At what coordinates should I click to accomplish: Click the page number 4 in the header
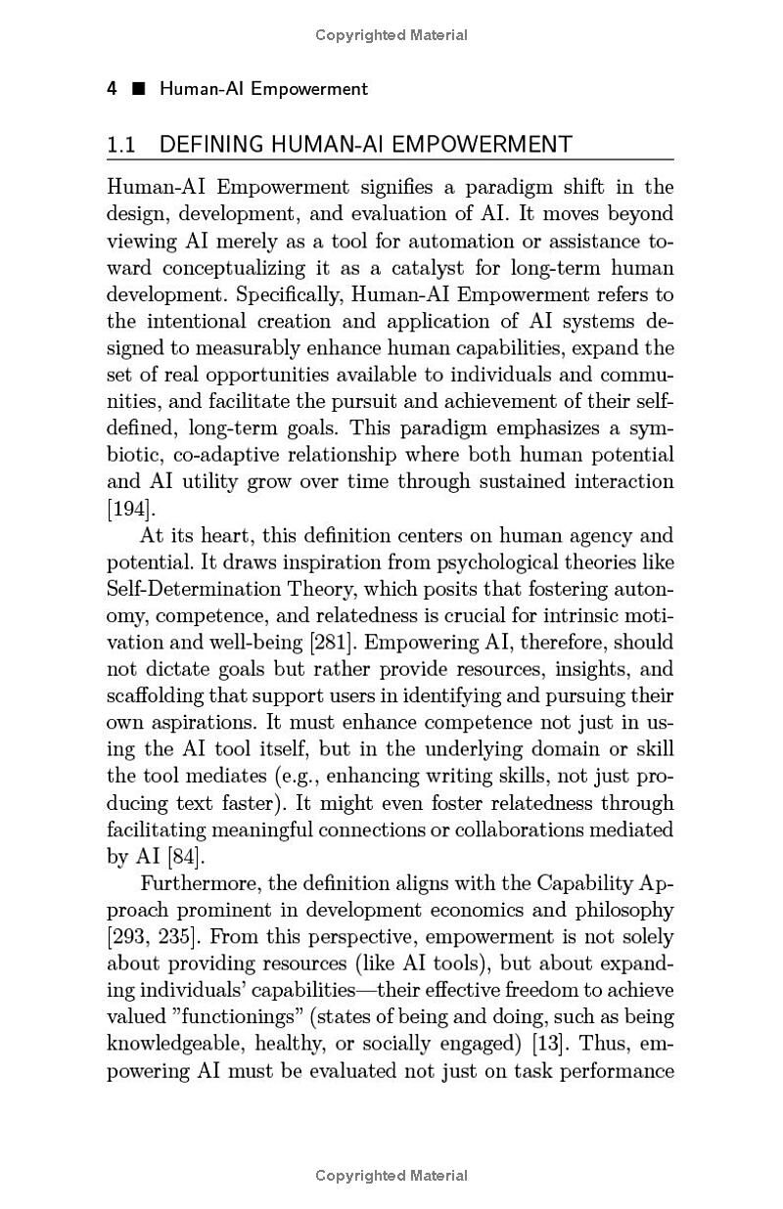pos(113,89)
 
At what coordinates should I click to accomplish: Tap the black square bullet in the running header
pos(138,89)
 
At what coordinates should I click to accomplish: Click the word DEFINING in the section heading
pos(211,145)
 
